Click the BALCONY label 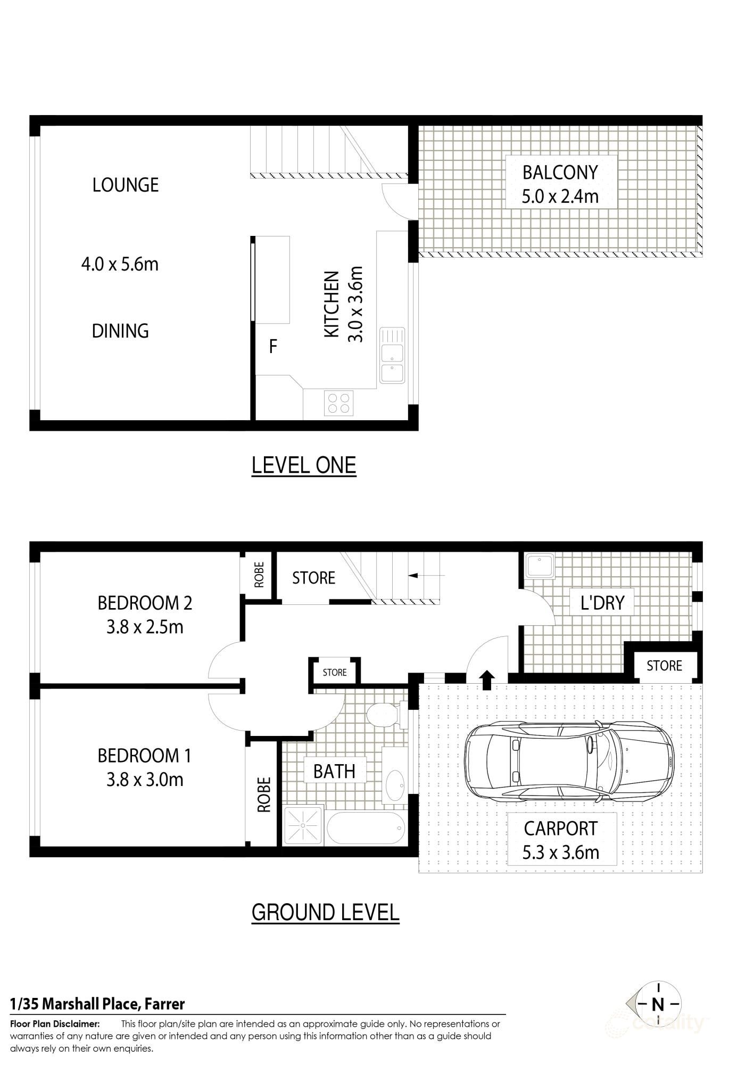560,173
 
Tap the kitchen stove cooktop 339,403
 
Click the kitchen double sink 392,355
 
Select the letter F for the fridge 273,347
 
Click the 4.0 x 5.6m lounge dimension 120,264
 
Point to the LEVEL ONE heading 303,465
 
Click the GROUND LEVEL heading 325,912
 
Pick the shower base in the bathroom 303,826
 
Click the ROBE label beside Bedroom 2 259,575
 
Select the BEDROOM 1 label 144,755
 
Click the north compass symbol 658,1004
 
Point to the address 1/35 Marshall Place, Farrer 98,1004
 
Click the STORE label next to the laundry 664,666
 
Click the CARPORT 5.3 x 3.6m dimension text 560,852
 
